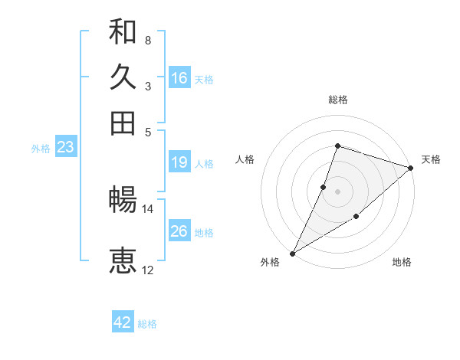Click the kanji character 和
coord(123,33)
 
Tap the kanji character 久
coord(123,77)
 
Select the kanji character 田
coord(123,123)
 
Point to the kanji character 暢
coord(123,201)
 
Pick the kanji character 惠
coord(123,260)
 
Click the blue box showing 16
coord(179,78)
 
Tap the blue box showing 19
coord(179,162)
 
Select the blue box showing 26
coord(179,231)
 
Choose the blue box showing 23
coord(65,147)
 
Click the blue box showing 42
coord(123,322)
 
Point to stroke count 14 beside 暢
coord(147,208)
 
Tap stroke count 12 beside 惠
coord(147,270)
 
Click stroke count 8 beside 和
coord(147,40)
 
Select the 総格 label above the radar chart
coord(337,100)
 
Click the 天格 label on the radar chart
coord(431,159)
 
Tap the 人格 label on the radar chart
coord(245,159)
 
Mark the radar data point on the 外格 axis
coord(292,253)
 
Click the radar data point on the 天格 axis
coord(411,168)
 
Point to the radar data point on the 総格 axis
coord(337,146)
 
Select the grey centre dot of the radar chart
coord(337,191)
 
